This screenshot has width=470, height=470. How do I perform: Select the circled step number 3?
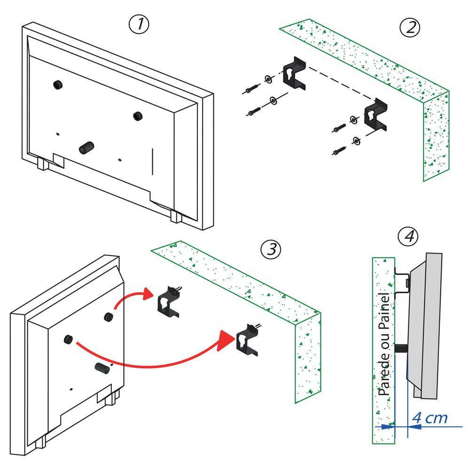[271, 250]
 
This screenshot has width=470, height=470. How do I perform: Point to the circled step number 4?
[407, 236]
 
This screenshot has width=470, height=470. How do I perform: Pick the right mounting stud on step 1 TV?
[137, 116]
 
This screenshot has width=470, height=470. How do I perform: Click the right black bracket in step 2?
[377, 116]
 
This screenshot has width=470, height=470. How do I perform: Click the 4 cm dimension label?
[430, 417]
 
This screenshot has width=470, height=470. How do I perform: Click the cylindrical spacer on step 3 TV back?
[103, 368]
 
